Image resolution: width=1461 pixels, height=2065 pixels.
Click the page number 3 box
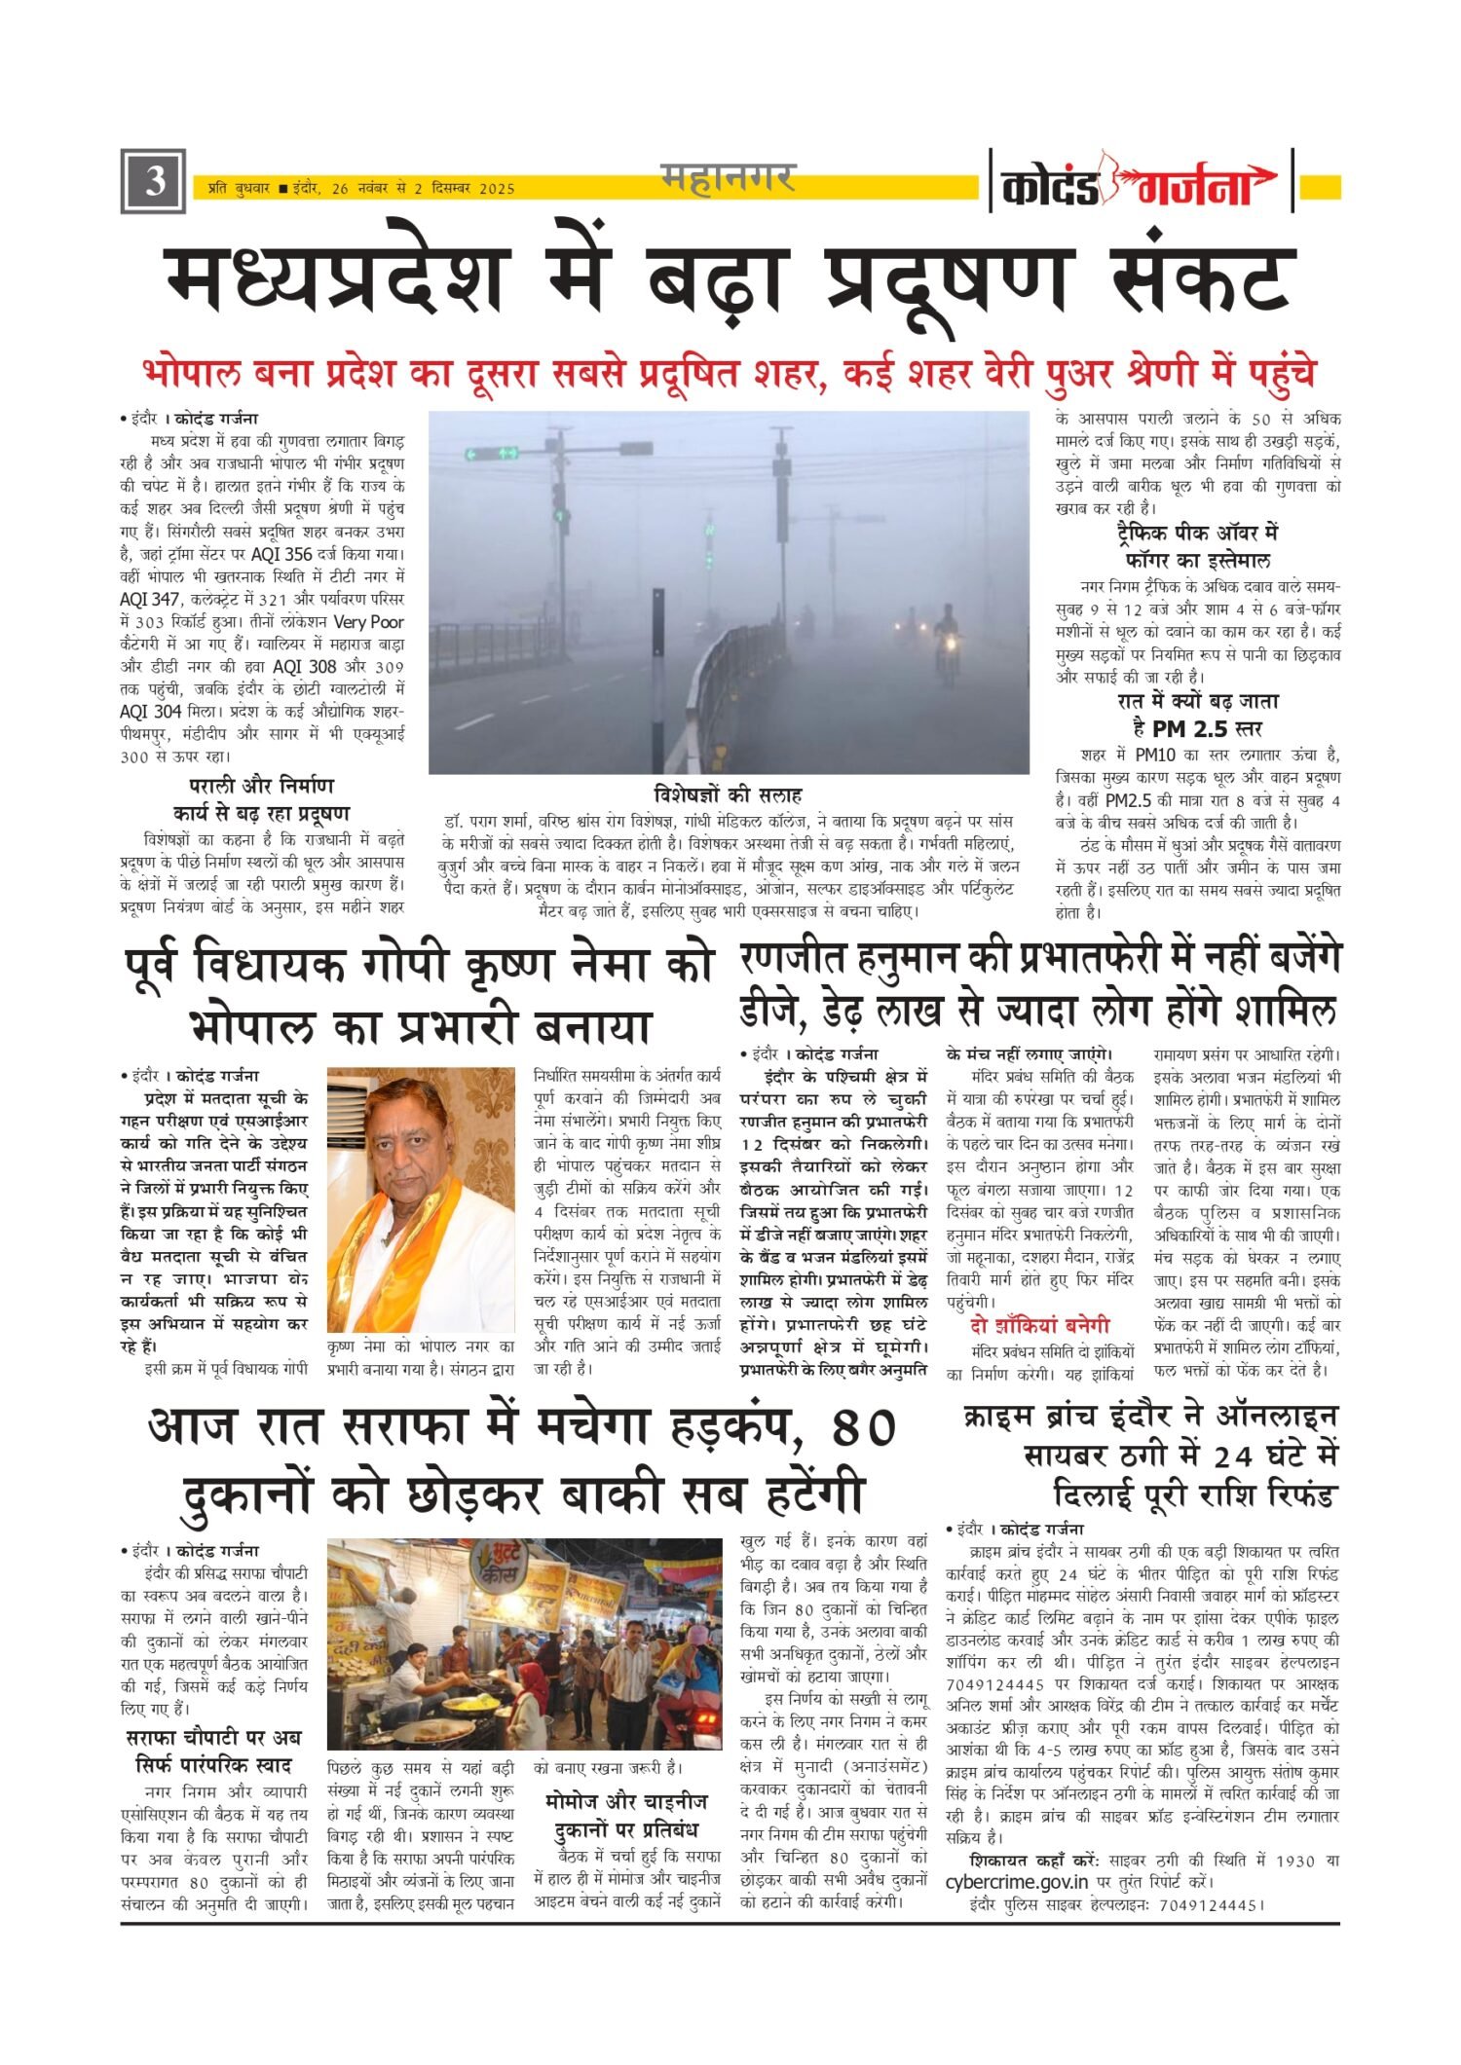(x=153, y=181)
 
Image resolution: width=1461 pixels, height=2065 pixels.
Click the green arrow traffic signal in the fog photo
(x=492, y=453)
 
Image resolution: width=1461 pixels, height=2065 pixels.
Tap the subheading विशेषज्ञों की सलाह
(x=728, y=793)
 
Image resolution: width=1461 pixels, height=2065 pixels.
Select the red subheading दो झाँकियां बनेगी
(x=1039, y=1325)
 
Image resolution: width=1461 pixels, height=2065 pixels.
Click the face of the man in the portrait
(x=413, y=1128)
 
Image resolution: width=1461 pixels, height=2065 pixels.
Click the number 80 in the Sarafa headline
(x=864, y=1427)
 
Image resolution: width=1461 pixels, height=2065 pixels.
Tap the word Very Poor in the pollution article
(x=367, y=621)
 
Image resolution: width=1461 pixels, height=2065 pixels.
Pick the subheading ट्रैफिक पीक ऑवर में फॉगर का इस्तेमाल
(x=1197, y=546)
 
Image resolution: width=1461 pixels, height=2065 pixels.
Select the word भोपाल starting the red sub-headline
(x=193, y=374)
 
